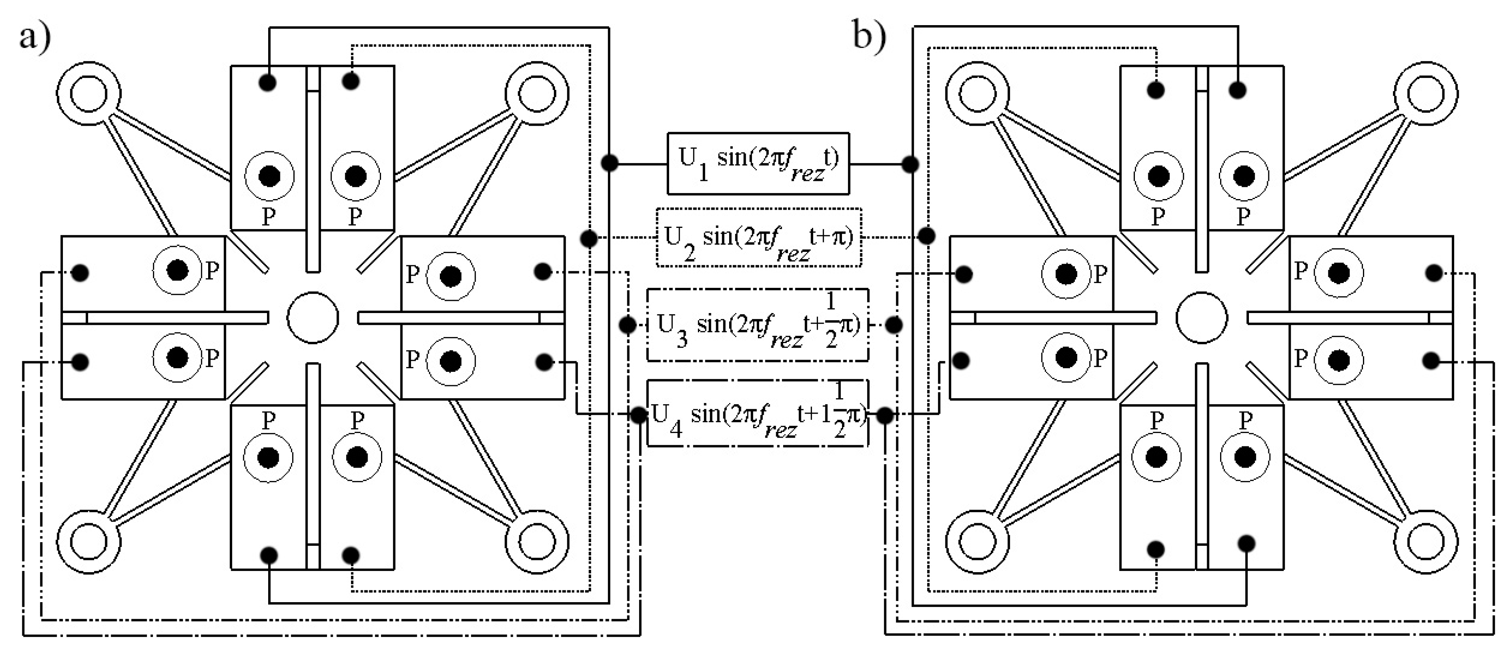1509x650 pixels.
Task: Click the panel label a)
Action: pos(35,39)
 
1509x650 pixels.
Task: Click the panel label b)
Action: pos(869,36)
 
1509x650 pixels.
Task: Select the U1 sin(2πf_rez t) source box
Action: pos(758,163)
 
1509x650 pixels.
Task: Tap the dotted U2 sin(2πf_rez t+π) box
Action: pos(759,238)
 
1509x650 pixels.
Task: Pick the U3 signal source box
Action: pos(758,324)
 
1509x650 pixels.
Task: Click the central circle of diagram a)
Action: pos(313,318)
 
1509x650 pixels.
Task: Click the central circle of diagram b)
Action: pos(1201,318)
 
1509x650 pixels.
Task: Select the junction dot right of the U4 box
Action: pos(885,415)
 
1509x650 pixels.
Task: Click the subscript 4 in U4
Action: pos(676,430)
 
